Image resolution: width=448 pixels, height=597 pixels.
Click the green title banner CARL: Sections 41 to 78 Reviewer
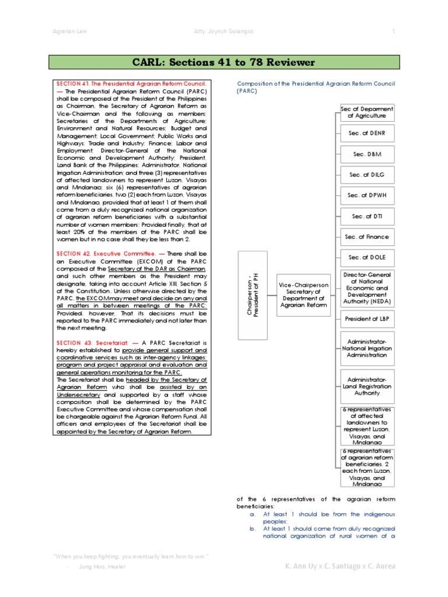(x=224, y=62)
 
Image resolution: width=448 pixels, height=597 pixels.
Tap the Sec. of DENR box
(x=367, y=134)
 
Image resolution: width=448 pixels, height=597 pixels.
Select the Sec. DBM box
(x=367, y=154)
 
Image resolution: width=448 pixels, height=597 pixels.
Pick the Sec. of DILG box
(x=367, y=175)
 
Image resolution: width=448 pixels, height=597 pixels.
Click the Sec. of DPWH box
(x=367, y=195)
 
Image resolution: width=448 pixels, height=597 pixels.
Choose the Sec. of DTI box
(x=367, y=216)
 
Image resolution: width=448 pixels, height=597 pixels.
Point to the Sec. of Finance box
(x=367, y=237)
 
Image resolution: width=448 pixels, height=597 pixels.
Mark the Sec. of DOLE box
(x=367, y=257)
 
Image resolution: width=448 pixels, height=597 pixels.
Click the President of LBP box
(x=367, y=319)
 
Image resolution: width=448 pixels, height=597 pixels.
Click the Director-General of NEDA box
(x=367, y=288)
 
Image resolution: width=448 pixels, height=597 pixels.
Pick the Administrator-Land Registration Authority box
(x=367, y=385)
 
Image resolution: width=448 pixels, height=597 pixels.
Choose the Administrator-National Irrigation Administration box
(x=367, y=349)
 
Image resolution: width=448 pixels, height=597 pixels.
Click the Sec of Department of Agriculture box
(x=367, y=113)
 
